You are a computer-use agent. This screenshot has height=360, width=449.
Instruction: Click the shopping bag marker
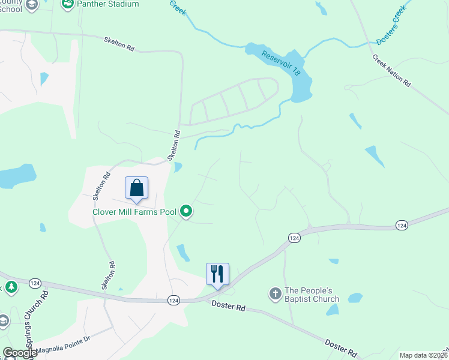pyautogui.click(x=137, y=188)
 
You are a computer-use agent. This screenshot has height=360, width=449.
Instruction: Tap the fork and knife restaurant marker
pyautogui.click(x=217, y=274)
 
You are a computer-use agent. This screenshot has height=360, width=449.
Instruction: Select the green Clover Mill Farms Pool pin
pyautogui.click(x=186, y=211)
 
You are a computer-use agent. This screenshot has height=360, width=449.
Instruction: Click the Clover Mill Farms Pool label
pyautogui.click(x=134, y=211)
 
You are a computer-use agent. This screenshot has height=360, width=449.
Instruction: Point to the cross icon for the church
pyautogui.click(x=275, y=294)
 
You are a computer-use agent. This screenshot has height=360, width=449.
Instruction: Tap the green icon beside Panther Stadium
pyautogui.click(x=68, y=4)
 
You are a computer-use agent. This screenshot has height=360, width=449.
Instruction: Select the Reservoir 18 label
pyautogui.click(x=281, y=62)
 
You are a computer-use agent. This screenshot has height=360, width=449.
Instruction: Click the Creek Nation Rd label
pyautogui.click(x=391, y=71)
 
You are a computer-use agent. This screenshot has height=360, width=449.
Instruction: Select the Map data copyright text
pyautogui.click(x=424, y=355)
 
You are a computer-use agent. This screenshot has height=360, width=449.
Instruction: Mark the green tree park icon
pyautogui.click(x=10, y=287)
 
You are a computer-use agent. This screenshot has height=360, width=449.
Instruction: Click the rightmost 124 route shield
pyautogui.click(x=402, y=224)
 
